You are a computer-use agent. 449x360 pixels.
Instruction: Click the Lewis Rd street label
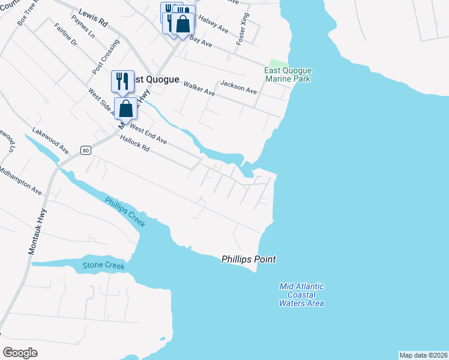(x=93, y=17)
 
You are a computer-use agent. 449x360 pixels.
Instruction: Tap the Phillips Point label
(x=249, y=259)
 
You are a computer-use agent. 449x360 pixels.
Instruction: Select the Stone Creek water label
(x=104, y=265)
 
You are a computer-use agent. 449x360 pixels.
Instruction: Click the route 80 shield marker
(x=86, y=151)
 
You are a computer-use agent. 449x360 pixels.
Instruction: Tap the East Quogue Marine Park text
(x=288, y=74)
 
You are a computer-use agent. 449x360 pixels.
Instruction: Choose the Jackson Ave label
(x=238, y=87)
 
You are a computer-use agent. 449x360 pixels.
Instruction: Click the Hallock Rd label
(x=134, y=144)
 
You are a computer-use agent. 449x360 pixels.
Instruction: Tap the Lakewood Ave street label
(x=50, y=140)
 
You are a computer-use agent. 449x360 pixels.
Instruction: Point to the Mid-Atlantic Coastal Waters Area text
(x=301, y=295)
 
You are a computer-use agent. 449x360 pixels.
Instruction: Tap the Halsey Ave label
(x=214, y=25)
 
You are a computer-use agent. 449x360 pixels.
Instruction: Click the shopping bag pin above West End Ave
(x=126, y=109)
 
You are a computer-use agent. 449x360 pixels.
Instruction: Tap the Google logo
(x=20, y=352)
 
